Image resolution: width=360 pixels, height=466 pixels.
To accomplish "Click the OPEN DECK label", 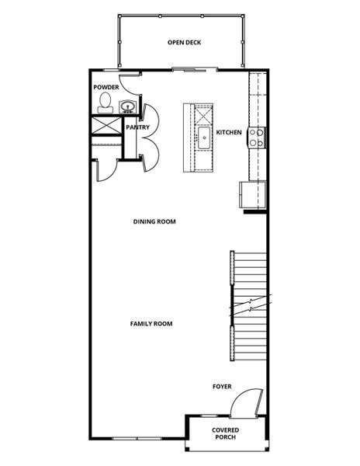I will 184,42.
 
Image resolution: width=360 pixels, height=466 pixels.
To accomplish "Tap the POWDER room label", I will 106,88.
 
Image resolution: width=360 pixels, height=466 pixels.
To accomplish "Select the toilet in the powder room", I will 105,106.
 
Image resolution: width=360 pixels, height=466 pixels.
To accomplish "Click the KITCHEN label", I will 230,133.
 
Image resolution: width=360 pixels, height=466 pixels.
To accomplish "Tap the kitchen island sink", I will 203,140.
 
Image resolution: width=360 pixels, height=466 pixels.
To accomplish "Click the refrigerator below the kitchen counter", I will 253,195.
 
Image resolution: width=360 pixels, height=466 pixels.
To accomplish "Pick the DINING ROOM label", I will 154,221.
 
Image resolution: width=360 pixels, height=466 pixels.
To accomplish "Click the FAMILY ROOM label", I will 151,323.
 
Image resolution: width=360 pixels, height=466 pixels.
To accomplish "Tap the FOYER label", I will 223,386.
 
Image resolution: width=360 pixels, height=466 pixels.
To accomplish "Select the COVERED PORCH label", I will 226,433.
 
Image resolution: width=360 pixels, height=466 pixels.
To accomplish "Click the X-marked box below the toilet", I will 105,126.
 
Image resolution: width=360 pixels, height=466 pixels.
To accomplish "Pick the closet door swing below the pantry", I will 105,168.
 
